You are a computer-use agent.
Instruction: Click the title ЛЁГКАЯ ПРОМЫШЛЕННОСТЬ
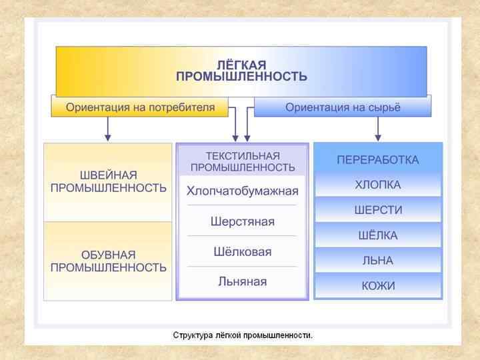[x=241, y=71]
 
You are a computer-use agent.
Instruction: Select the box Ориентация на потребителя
[x=140, y=107]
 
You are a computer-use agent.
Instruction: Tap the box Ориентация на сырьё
[x=343, y=107]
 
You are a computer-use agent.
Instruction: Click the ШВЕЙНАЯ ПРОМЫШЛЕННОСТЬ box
[x=109, y=181]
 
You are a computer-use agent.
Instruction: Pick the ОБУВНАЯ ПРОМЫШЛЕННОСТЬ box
[x=109, y=261]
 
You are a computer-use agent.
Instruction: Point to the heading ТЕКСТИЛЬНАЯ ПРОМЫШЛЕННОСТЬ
[x=242, y=161]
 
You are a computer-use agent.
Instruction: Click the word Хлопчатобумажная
[x=243, y=191]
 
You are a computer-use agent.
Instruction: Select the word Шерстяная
[x=242, y=221]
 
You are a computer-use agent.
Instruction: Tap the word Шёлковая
[x=242, y=251]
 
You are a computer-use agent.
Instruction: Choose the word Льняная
[x=242, y=281]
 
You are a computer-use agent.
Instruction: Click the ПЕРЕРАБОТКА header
[x=378, y=160]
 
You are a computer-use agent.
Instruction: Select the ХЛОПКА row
[x=378, y=185]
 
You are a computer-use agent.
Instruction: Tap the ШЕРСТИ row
[x=378, y=210]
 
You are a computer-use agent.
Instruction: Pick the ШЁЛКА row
[x=378, y=235]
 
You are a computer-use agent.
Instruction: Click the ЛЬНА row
[x=378, y=261]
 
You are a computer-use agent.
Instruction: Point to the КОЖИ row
[x=378, y=286]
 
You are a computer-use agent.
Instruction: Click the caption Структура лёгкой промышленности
[x=243, y=335]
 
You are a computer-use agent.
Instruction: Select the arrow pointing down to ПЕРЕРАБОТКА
[x=377, y=130]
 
